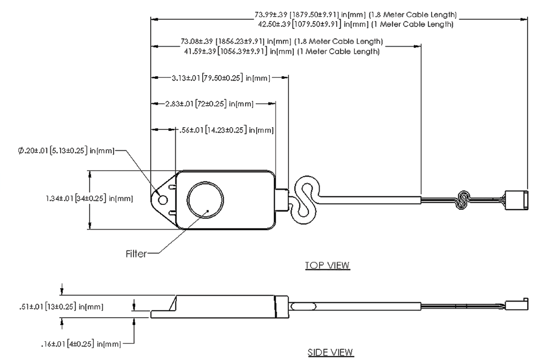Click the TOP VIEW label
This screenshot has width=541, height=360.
coord(327,265)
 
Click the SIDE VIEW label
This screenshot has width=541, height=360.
coord(330,352)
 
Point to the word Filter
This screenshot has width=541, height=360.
coord(136,254)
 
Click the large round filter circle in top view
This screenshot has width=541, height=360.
coord(204,200)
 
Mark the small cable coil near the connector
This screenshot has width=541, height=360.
coord(463,200)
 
